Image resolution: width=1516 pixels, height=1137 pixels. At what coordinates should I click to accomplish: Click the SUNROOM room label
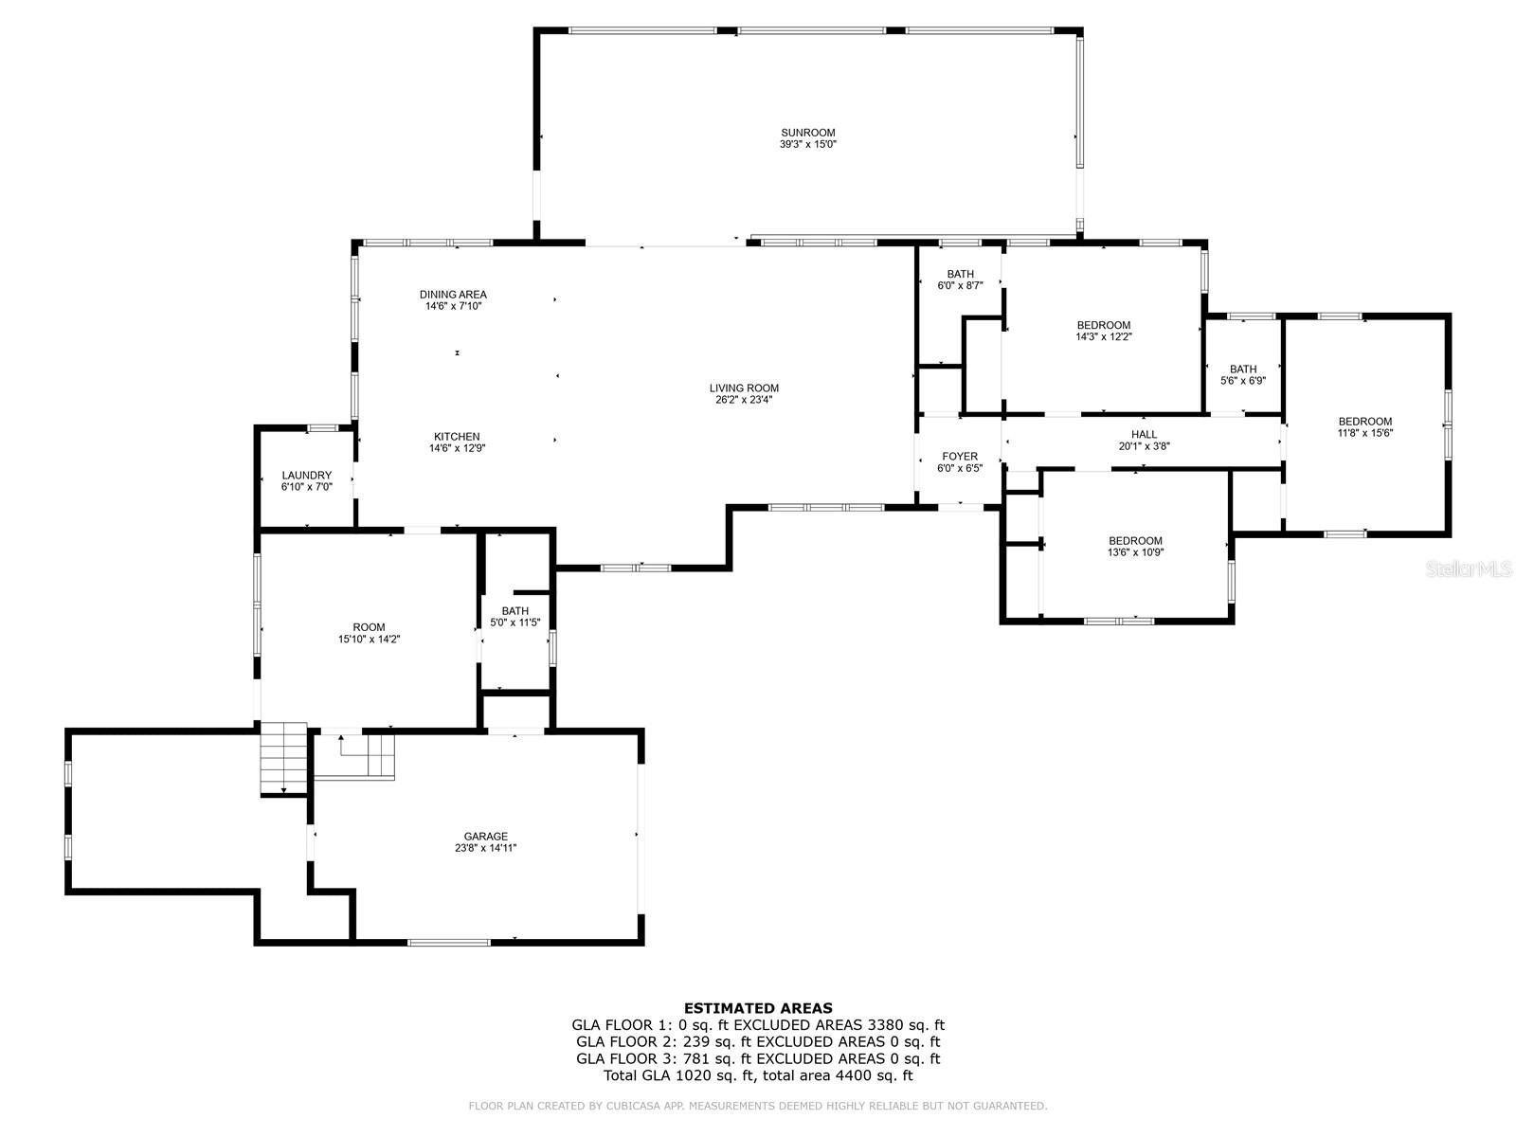807,133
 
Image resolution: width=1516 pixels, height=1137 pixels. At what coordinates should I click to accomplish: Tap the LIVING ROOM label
743,388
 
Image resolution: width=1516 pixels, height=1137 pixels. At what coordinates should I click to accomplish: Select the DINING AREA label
453,294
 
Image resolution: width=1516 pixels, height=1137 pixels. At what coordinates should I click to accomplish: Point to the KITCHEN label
457,436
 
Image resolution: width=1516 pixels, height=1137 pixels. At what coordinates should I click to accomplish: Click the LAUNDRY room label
307,475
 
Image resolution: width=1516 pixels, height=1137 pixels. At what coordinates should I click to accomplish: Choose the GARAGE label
485,836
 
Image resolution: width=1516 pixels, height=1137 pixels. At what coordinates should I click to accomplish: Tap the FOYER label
959,457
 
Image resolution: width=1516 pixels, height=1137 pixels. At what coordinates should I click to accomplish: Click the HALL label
1144,434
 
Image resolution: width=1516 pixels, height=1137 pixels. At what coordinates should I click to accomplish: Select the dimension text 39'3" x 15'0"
807,144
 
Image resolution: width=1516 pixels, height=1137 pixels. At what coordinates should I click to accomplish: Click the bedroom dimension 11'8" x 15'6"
1364,433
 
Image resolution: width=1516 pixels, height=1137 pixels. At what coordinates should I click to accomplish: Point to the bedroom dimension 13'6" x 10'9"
1135,552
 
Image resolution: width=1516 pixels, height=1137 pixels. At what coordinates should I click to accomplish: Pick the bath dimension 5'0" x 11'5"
514,623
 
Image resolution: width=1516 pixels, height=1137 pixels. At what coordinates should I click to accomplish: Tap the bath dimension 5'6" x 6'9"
1242,380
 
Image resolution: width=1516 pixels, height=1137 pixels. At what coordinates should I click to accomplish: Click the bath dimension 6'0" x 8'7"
959,285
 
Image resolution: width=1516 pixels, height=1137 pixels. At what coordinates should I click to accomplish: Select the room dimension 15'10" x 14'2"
369,640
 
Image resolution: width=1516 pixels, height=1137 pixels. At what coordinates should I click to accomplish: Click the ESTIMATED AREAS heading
758,1008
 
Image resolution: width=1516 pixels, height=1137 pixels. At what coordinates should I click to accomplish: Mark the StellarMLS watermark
1469,568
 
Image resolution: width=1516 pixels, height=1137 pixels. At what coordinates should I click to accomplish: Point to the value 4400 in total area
852,1074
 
